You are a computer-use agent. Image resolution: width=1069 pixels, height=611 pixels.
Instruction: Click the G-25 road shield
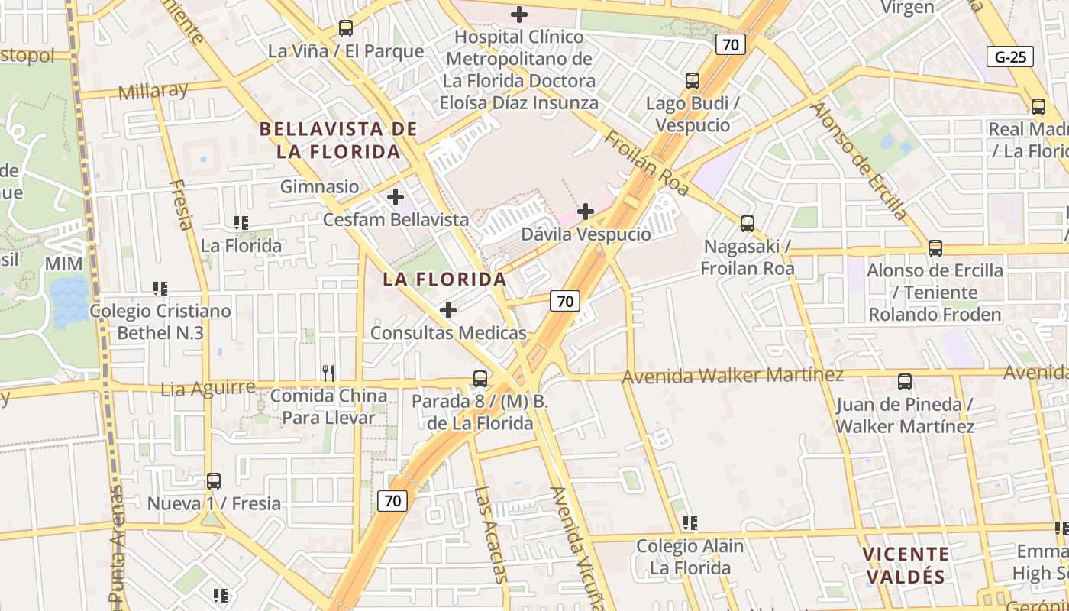(1011, 57)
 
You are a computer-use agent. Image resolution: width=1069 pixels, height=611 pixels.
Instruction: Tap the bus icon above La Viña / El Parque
(346, 28)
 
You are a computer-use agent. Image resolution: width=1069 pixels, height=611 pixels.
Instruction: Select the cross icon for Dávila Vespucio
(586, 211)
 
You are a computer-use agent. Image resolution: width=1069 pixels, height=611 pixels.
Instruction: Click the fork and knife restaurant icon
(328, 373)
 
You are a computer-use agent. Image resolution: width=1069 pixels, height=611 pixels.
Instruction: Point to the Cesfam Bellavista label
(396, 220)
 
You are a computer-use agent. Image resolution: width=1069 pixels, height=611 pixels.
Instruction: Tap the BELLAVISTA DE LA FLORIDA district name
(338, 140)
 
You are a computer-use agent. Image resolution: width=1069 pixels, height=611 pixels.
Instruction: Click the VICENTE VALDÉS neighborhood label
(906, 565)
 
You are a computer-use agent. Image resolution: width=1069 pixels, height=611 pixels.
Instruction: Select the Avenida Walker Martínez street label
(733, 375)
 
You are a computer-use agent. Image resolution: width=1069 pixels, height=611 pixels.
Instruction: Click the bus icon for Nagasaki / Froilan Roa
(748, 224)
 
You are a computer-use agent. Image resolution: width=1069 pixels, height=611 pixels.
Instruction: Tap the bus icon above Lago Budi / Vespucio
(693, 80)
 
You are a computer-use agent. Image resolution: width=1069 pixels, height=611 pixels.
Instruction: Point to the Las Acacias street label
(490, 534)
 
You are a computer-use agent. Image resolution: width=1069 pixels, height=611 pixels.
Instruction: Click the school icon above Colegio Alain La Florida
(690, 523)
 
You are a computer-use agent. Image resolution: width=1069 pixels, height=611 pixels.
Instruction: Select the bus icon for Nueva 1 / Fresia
(214, 481)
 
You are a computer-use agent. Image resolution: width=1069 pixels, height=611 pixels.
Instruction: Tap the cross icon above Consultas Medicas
(448, 310)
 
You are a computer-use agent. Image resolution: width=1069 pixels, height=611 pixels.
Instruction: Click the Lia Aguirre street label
(208, 389)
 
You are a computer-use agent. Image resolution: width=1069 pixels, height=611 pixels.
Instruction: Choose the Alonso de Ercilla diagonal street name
(858, 160)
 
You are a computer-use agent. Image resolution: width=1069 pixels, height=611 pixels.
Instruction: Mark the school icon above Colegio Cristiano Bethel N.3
(160, 289)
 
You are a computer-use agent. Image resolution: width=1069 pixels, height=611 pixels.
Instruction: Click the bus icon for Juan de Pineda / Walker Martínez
(905, 381)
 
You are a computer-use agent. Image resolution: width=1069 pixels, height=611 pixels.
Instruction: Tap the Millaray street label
(153, 91)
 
